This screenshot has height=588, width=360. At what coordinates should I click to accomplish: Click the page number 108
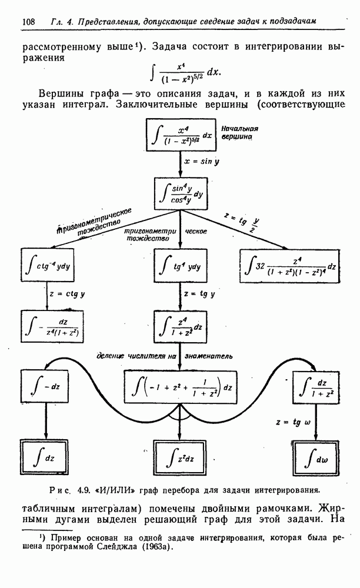point(28,22)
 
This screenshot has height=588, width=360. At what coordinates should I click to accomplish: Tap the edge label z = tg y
point(199,293)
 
